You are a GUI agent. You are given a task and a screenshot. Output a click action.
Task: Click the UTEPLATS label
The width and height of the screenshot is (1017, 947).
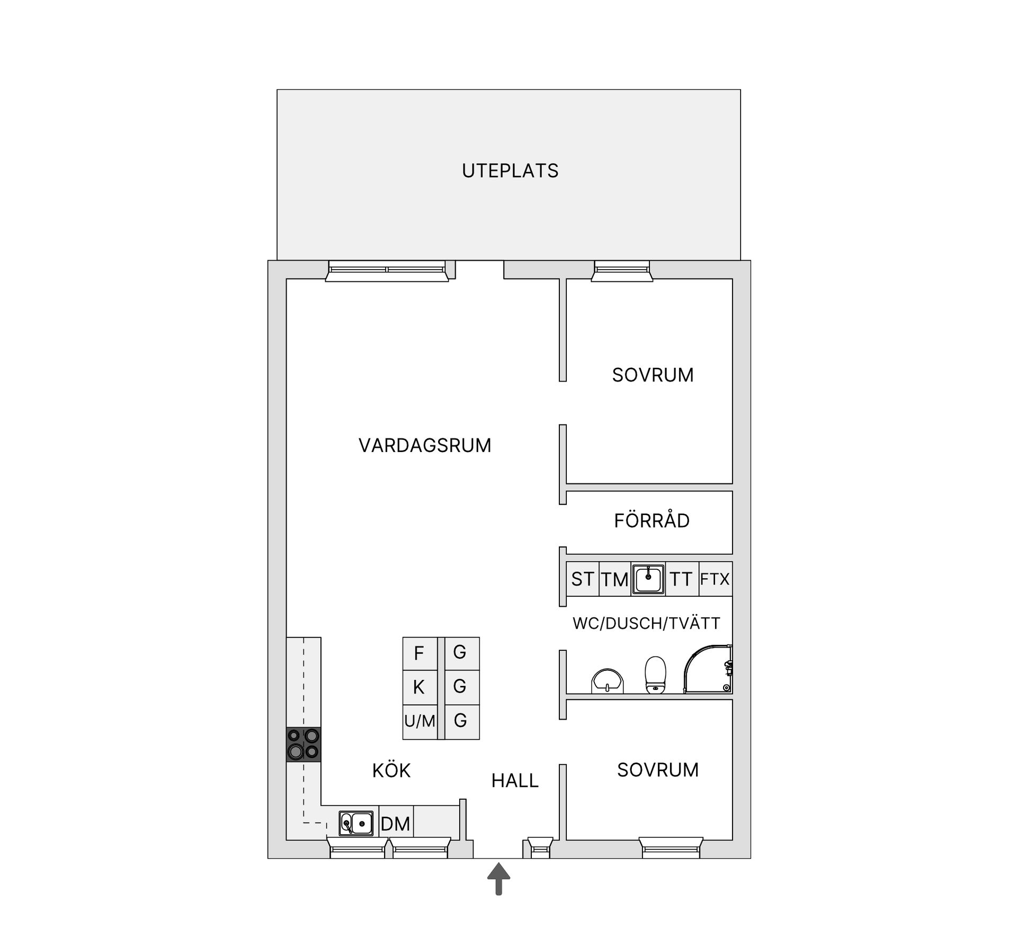510,171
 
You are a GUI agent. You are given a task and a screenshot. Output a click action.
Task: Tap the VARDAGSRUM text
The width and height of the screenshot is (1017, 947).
425,445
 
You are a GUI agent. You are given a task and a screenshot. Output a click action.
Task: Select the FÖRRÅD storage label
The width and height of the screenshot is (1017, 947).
652,521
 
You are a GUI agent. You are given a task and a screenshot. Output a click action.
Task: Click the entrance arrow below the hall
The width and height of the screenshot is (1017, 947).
498,879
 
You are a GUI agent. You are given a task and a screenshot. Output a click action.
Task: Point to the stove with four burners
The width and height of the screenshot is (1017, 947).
304,744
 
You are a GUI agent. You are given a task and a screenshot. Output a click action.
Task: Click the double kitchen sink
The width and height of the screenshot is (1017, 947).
356,824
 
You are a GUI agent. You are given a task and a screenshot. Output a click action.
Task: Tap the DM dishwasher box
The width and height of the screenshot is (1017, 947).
396,824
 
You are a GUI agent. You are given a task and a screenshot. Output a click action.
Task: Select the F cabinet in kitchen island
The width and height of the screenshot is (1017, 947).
419,653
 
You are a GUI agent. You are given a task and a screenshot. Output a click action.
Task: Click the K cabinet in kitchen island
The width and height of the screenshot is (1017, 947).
419,687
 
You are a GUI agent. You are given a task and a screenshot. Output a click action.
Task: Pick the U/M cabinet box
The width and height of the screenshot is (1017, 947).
420,721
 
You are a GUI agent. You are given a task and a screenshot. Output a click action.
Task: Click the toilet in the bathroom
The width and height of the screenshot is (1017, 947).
655,675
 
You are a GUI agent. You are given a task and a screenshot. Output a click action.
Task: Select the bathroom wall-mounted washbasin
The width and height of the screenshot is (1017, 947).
608,681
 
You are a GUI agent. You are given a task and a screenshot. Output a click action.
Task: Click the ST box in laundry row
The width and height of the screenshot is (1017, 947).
582,579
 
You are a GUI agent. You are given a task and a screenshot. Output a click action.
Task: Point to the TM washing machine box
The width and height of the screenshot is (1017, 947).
614,579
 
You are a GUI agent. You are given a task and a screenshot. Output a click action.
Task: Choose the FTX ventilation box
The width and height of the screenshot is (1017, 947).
715,579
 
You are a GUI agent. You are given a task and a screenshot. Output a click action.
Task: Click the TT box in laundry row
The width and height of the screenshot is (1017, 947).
681,579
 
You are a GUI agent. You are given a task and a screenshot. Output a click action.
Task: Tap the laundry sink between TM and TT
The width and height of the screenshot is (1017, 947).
648,579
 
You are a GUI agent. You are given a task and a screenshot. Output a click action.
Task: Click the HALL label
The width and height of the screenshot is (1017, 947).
514,781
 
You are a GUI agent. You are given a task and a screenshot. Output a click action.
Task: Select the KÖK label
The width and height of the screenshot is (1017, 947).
391,771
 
